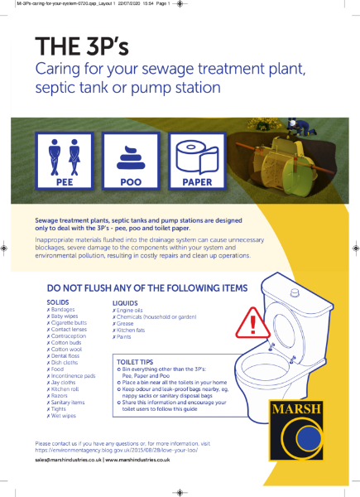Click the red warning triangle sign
pyautogui.click(x=247, y=320)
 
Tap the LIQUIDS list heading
pyautogui.click(x=125, y=303)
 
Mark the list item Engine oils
pyautogui.click(x=130, y=311)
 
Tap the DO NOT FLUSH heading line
pyautogui.click(x=142, y=288)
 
